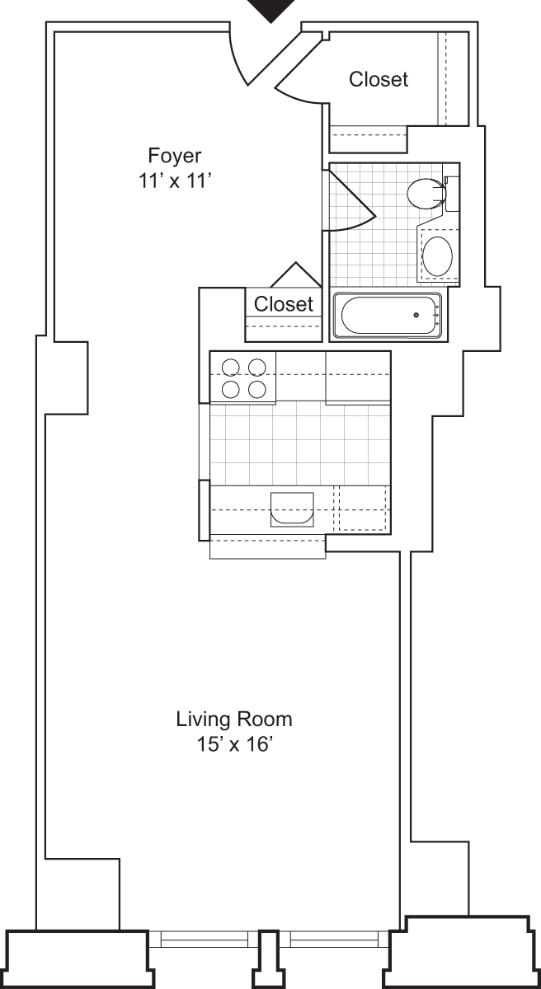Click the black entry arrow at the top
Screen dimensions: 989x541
271,10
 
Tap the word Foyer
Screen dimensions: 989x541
174,154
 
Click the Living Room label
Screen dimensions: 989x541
233,719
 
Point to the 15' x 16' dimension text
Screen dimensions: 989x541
233,744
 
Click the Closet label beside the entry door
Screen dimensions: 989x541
378,79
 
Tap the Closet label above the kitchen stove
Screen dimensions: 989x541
284,304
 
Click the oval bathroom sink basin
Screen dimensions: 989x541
437,255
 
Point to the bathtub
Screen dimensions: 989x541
388,315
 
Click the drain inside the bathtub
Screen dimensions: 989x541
417,315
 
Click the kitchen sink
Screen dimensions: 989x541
292,509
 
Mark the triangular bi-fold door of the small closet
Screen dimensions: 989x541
295,274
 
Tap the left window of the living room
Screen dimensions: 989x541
204,940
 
